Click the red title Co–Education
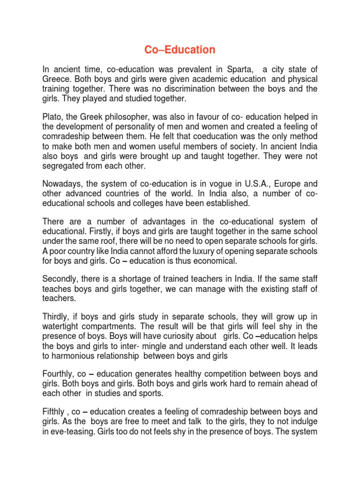[180, 49]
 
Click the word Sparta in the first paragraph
[241, 69]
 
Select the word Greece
[57, 79]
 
